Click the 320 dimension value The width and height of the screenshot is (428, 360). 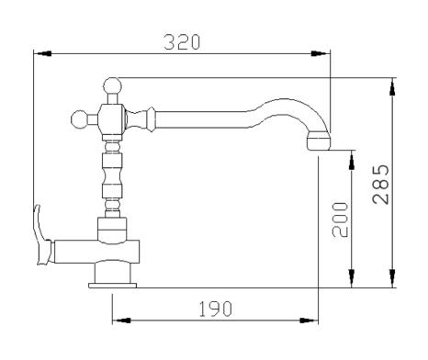(x=182, y=42)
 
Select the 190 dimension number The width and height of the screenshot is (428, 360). (x=216, y=309)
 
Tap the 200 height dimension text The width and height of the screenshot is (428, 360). (x=341, y=219)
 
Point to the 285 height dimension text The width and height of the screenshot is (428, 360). (x=381, y=185)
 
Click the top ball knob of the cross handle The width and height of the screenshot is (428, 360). (x=112, y=86)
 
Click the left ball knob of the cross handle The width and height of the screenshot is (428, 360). (x=79, y=119)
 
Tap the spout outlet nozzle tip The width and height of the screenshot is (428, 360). (x=319, y=141)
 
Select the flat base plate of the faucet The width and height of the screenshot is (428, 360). (x=112, y=286)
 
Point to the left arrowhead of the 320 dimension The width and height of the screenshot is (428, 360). (x=42, y=53)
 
